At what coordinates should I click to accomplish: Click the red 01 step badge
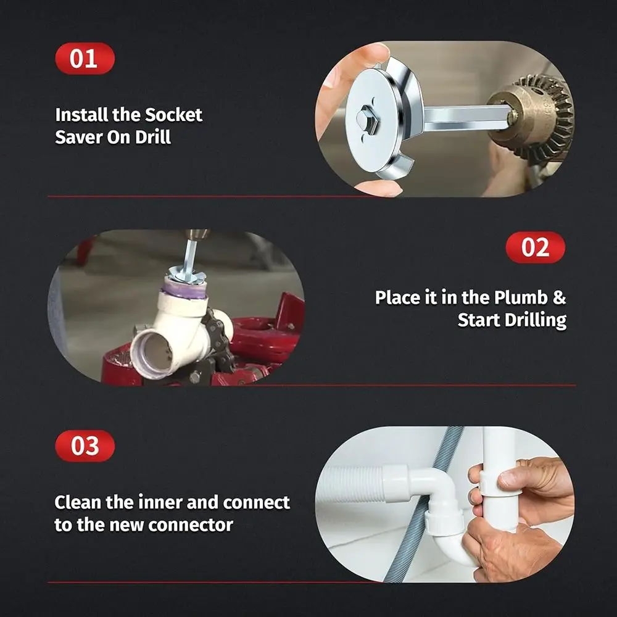[x=85, y=59]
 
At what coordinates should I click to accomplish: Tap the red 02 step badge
[x=535, y=247]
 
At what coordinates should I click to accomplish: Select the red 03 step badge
[x=85, y=446]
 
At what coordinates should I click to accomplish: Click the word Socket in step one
[x=173, y=115]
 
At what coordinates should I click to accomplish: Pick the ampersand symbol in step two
[x=558, y=297]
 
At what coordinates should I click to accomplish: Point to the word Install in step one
[x=81, y=115]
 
